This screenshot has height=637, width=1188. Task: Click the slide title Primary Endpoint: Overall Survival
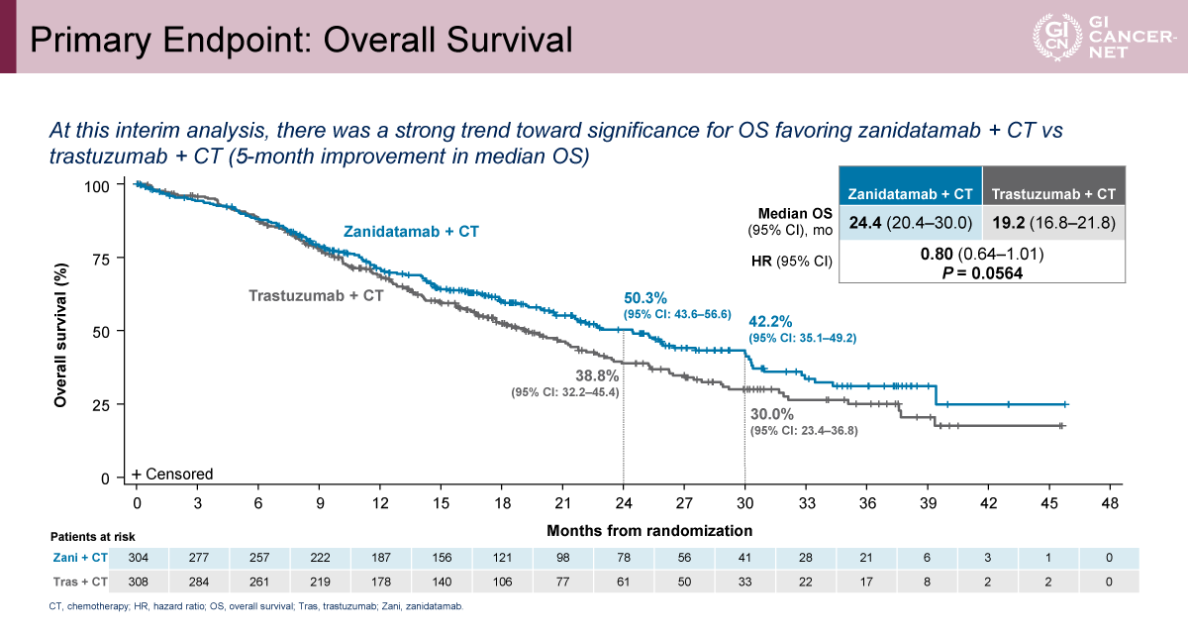point(299,39)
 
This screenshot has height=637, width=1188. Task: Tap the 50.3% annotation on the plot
point(645,297)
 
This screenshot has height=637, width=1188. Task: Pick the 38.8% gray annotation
point(597,376)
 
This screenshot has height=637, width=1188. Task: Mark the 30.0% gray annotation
point(772,414)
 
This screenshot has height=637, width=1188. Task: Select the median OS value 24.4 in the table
point(860,222)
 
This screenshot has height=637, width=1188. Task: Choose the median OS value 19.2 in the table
point(1008,222)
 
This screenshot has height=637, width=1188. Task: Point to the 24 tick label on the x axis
point(623,503)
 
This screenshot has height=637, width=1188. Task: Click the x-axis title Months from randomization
point(649,531)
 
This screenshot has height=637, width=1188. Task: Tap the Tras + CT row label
point(79,582)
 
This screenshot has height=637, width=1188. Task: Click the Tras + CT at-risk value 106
point(503,582)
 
